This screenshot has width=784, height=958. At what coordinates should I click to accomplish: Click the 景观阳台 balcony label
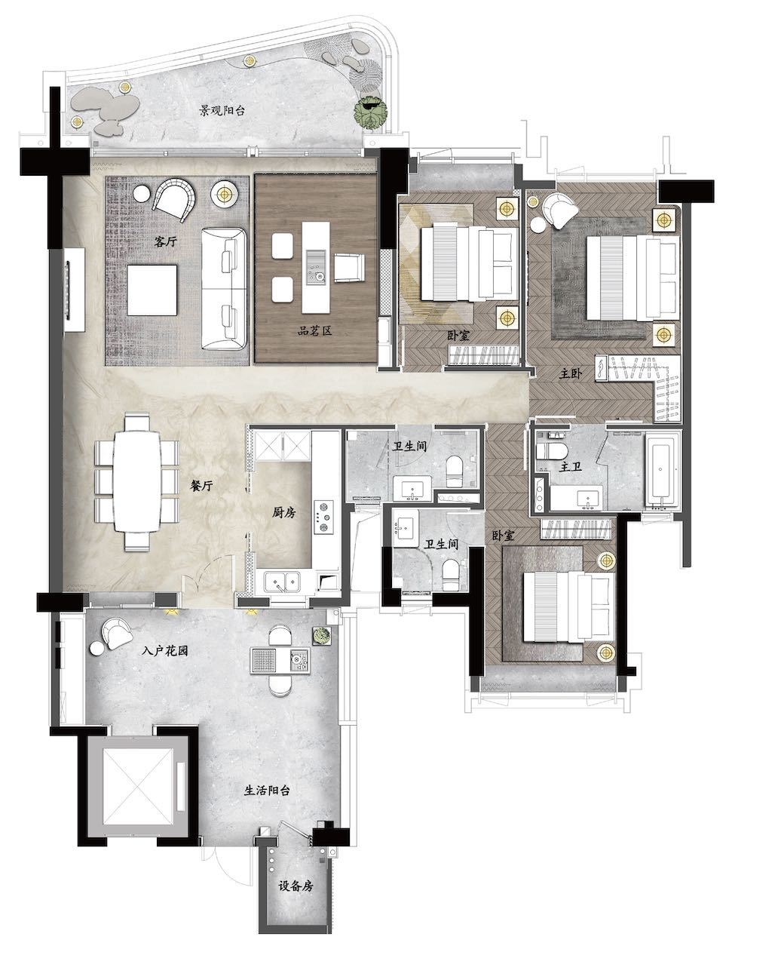222,110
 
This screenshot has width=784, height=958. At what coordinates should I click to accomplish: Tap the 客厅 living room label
165,241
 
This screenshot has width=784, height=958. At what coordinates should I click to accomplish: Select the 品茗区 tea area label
315,330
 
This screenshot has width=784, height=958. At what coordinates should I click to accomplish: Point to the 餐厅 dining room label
201,486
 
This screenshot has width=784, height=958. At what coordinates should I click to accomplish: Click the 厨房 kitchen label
284,513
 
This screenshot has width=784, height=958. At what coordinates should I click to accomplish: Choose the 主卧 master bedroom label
570,374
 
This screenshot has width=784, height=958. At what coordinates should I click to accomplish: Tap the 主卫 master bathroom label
570,466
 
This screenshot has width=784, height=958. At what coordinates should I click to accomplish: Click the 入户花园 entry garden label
164,651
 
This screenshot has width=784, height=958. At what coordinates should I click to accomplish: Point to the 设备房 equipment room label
296,886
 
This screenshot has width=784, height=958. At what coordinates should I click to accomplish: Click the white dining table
137,481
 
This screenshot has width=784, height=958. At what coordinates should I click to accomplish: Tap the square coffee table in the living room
152,290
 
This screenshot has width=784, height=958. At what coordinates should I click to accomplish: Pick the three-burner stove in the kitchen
323,516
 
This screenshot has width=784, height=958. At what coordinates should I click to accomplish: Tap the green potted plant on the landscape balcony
371,112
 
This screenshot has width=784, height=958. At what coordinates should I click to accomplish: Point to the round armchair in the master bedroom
560,210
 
